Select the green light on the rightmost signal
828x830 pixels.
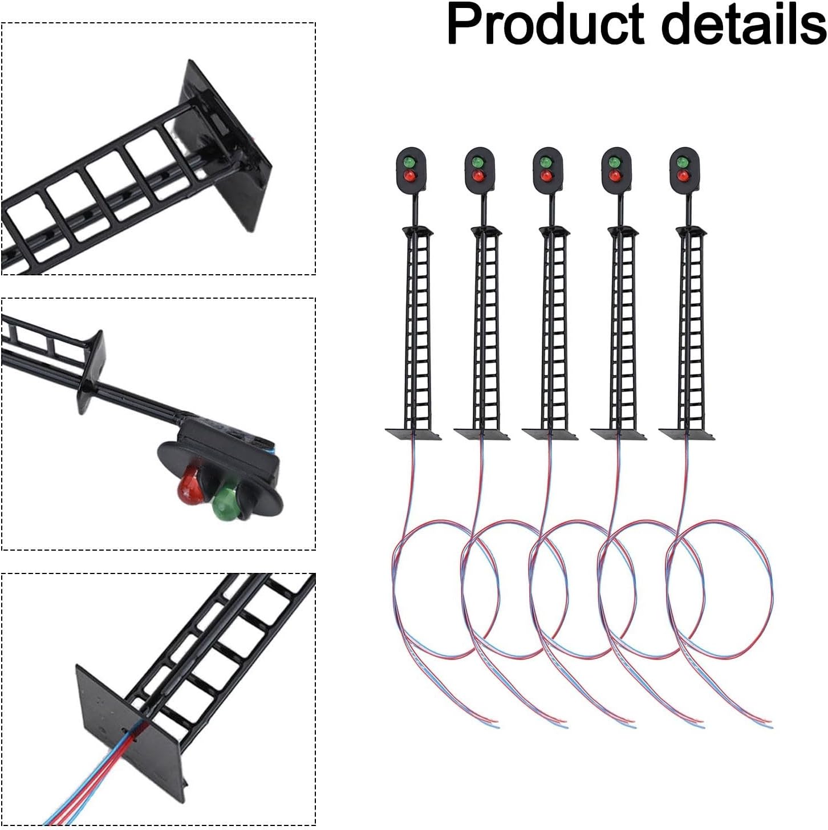[683, 162]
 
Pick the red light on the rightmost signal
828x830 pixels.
[683, 176]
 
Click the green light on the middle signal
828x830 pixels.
[546, 162]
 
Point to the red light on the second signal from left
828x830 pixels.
[477, 176]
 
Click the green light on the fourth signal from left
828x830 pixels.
[614, 162]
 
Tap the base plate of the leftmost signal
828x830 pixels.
[413, 434]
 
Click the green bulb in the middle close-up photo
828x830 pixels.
[226, 502]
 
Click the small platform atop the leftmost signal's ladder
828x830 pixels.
[418, 231]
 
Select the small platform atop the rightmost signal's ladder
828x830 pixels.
[691, 231]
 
